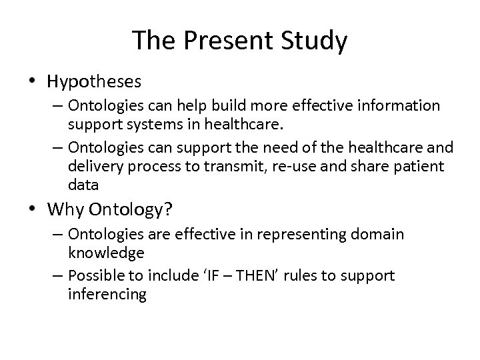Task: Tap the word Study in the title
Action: point(315,41)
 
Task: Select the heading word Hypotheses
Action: point(94,81)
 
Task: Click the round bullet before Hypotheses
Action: point(33,82)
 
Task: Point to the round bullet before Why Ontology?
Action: point(33,210)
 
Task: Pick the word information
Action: point(399,106)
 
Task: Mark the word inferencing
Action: point(106,294)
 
